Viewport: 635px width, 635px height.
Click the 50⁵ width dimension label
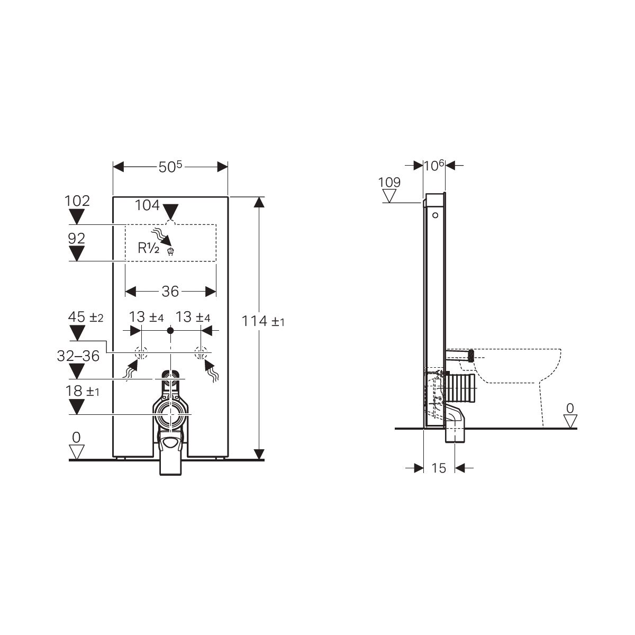click(170, 167)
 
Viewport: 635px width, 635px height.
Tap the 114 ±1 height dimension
click(263, 321)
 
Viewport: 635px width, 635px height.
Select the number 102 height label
click(77, 201)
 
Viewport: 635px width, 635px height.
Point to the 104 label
click(147, 205)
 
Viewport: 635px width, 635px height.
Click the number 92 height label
click(76, 239)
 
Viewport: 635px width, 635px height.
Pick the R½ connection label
click(148, 248)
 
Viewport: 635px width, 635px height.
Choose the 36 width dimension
click(170, 291)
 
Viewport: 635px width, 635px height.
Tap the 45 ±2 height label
click(86, 317)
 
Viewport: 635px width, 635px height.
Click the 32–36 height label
click(78, 356)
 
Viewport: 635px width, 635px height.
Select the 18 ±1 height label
click(83, 391)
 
